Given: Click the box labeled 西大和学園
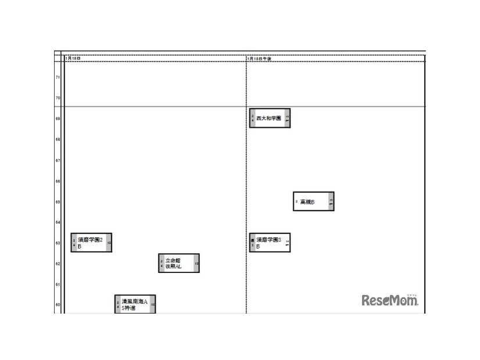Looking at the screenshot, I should (270, 118).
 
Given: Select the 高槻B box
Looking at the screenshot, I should (313, 201).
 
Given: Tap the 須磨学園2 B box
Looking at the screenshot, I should (91, 243).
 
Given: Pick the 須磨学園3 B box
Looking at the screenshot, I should (270, 243).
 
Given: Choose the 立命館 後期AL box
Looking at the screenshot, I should (179, 263).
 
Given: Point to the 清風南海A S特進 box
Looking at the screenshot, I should (135, 304).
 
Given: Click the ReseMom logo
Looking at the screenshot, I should (389, 300).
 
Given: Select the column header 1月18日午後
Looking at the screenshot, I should (259, 59).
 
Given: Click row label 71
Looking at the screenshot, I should (58, 77).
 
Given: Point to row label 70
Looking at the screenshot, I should (58, 98).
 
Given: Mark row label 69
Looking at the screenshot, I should (58, 118).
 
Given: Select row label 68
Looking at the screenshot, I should (58, 139).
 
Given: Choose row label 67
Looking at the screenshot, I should (58, 160).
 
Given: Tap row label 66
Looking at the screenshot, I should (58, 181).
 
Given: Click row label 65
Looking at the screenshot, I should (58, 201).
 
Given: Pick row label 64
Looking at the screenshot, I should (58, 222).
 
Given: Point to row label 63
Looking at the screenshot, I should (58, 243).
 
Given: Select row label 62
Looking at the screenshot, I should (58, 264).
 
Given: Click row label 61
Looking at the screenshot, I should (58, 285).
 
